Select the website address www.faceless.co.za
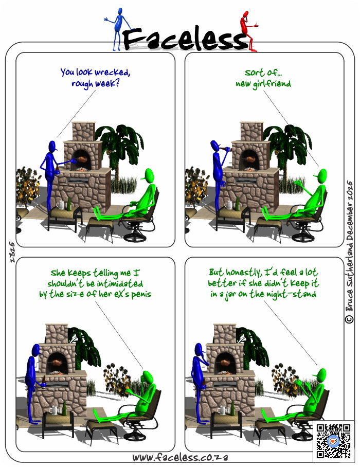(180, 457)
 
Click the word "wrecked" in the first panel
(112, 73)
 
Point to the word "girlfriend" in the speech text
(272, 84)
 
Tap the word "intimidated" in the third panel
(120, 283)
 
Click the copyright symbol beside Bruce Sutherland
(349, 319)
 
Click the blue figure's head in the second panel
(215, 146)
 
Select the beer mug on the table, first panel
(60, 205)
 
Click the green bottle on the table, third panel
(64, 408)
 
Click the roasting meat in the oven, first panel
(82, 160)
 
